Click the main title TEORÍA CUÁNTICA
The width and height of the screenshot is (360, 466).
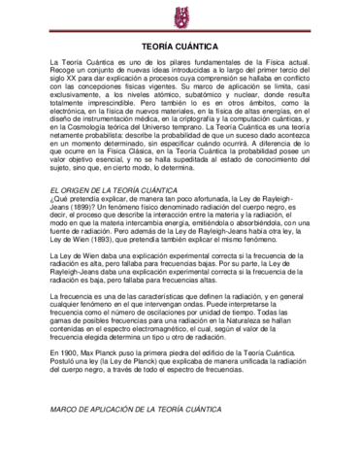pyautogui.click(x=180, y=47)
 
